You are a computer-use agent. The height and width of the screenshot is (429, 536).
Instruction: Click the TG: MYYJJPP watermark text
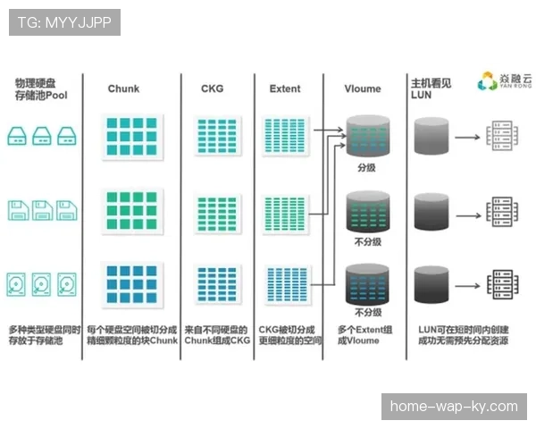click(x=64, y=22)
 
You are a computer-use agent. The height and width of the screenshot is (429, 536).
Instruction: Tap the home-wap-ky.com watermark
click(x=453, y=407)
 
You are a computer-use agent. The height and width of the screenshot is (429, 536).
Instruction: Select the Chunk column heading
click(x=123, y=88)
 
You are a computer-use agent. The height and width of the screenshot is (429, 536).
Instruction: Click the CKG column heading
click(x=213, y=88)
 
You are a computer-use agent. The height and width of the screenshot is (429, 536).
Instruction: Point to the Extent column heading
click(x=285, y=88)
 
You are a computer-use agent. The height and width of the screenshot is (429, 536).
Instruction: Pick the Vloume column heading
click(x=363, y=88)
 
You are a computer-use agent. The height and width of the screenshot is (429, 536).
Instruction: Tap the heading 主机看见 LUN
click(x=430, y=88)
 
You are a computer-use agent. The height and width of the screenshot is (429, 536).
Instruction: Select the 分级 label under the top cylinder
click(x=367, y=167)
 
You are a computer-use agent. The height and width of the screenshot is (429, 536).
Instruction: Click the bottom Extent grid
click(x=287, y=285)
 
